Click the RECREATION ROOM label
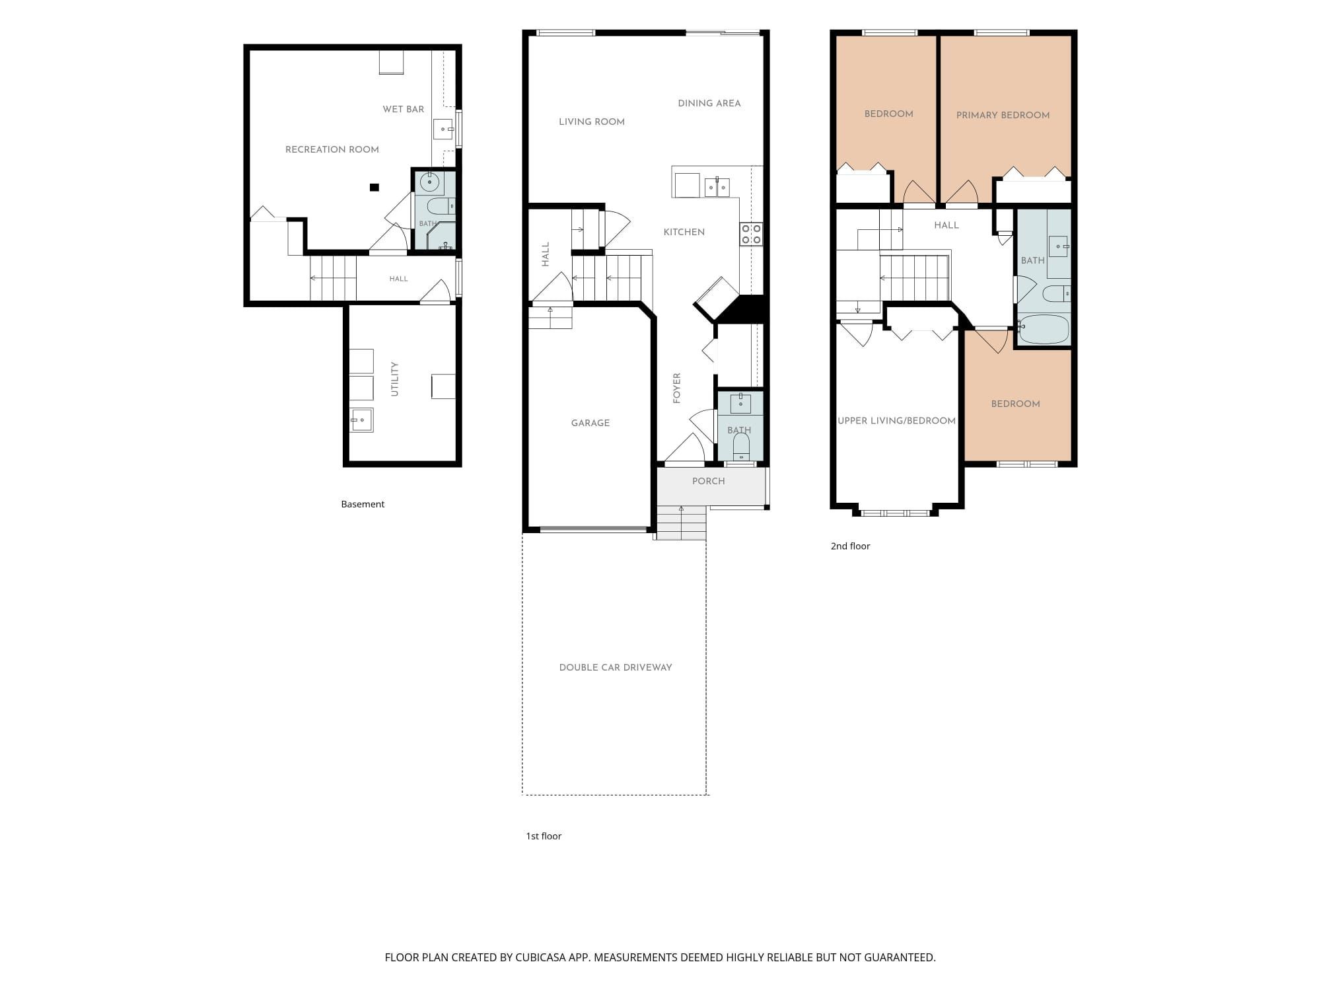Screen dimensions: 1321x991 click(x=332, y=149)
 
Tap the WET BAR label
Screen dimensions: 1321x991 click(x=404, y=109)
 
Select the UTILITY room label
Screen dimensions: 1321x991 click(x=394, y=379)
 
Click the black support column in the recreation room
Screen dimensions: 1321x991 click(x=375, y=187)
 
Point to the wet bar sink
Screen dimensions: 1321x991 click(x=443, y=129)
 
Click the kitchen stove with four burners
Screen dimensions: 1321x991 click(x=751, y=234)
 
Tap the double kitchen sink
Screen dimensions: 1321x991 click(x=717, y=187)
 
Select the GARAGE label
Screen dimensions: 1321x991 click(x=590, y=423)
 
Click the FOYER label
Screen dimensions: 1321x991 click(x=676, y=388)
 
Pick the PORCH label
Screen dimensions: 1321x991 click(x=709, y=481)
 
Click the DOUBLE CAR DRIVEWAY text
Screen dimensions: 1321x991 click(x=616, y=667)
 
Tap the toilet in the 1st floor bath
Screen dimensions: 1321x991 click(x=741, y=446)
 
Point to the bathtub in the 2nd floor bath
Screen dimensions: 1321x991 click(x=1044, y=329)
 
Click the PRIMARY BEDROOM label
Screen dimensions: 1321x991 click(x=1003, y=115)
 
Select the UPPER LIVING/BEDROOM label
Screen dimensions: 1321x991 click(x=896, y=421)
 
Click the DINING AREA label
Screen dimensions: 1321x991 click(x=709, y=103)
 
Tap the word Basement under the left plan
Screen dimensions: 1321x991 click(x=363, y=504)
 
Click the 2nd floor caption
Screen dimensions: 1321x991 click(x=850, y=546)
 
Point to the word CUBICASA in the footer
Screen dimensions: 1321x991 click(x=541, y=957)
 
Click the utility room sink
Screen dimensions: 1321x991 click(x=361, y=420)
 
